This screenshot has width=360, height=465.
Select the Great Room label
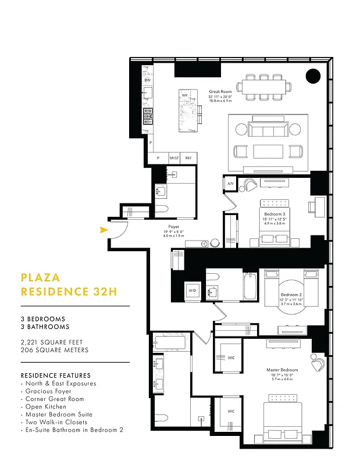(220, 92)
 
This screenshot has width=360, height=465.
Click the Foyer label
(173, 227)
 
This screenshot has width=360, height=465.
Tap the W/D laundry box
(193, 290)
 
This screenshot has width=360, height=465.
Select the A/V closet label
(230, 184)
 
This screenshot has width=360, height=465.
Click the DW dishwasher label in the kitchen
(148, 80)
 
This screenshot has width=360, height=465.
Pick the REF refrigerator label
(188, 158)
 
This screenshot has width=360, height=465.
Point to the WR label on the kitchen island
(184, 95)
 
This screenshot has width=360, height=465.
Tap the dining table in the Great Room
(268, 87)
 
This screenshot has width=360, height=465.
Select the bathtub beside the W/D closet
(250, 285)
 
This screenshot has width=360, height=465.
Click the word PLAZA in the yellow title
(40, 278)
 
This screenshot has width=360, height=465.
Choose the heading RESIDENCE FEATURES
(55, 375)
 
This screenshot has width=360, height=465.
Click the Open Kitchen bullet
(46, 407)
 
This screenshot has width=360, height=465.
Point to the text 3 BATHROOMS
(42, 327)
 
